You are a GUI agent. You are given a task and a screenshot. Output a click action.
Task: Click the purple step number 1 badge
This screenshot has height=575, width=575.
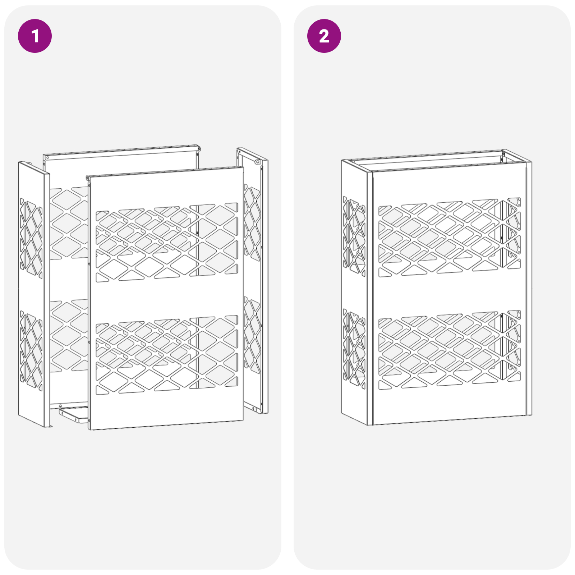click(x=35, y=36)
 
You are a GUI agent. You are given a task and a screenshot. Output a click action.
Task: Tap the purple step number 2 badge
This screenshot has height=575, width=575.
click(x=324, y=36)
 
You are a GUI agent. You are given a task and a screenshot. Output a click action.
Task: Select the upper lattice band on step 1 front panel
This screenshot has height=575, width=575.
click(x=166, y=243)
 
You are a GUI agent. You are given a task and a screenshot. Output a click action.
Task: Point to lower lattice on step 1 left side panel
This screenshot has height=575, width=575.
click(x=31, y=350)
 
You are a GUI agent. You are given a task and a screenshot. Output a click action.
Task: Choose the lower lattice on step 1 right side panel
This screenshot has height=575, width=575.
click(x=252, y=334)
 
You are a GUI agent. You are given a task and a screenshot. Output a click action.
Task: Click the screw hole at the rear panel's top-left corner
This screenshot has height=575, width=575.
click(x=47, y=158)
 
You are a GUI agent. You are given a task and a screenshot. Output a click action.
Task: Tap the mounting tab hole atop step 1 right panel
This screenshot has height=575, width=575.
click(x=257, y=162)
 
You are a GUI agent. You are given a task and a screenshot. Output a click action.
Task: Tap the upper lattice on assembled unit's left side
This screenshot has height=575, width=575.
click(x=354, y=235)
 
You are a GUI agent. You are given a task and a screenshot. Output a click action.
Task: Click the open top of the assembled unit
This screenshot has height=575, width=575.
click(x=435, y=161)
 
